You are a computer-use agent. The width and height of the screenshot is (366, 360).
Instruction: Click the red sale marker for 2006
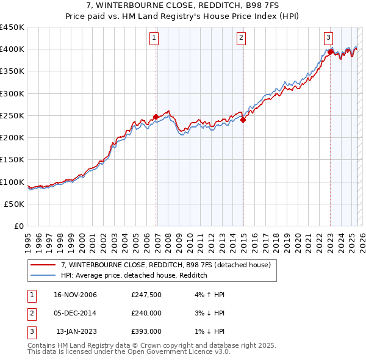(x=156, y=116)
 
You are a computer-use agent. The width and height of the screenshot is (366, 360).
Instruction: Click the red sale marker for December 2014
(x=243, y=120)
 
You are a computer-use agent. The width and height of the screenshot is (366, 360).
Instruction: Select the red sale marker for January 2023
(x=330, y=52)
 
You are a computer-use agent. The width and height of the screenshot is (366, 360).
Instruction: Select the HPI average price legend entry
(x=134, y=276)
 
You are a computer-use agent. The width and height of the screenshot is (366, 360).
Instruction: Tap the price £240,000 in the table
(x=146, y=314)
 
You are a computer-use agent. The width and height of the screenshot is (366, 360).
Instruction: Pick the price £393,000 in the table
(x=146, y=332)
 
